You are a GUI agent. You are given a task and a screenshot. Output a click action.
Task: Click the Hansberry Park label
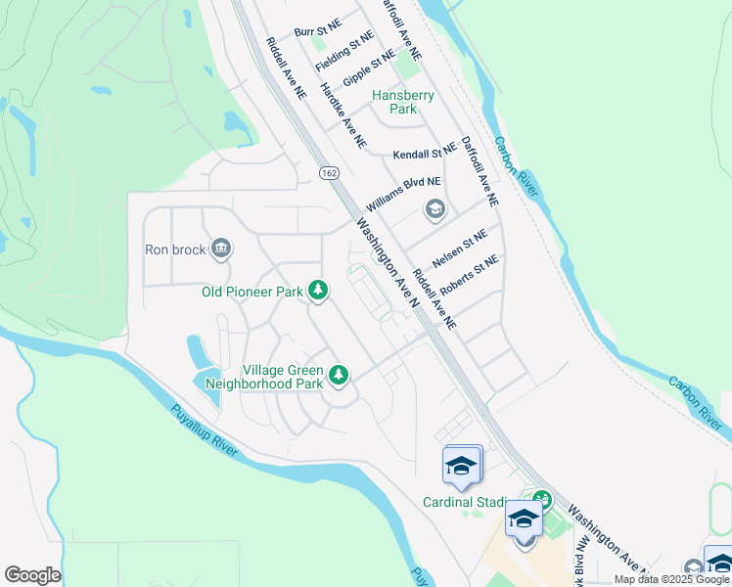[x=402, y=102]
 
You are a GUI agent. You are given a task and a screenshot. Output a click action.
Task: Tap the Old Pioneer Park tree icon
[x=317, y=290]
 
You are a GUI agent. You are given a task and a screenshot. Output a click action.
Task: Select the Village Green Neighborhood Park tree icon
[x=339, y=374]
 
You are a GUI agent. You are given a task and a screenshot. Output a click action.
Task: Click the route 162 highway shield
[x=328, y=172]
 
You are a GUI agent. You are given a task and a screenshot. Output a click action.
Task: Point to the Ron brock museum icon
[x=221, y=248]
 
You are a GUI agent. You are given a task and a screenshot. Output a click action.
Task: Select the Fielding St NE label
[x=344, y=51]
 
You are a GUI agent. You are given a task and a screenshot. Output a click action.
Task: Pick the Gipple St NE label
[x=368, y=69]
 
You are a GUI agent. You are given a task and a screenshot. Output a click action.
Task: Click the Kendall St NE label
[x=425, y=155]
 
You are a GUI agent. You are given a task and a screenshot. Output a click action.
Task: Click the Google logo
[x=32, y=575]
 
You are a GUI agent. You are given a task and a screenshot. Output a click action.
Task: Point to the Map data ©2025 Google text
[x=671, y=579]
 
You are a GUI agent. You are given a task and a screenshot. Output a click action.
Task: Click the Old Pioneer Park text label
[x=252, y=291]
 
